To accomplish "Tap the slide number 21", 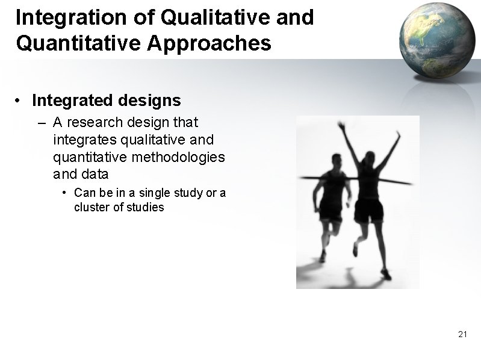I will tap(462, 334).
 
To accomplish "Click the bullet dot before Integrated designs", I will tap(20, 100).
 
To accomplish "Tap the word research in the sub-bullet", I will tap(90, 123).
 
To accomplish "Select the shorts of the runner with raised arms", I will tap(368, 211).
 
